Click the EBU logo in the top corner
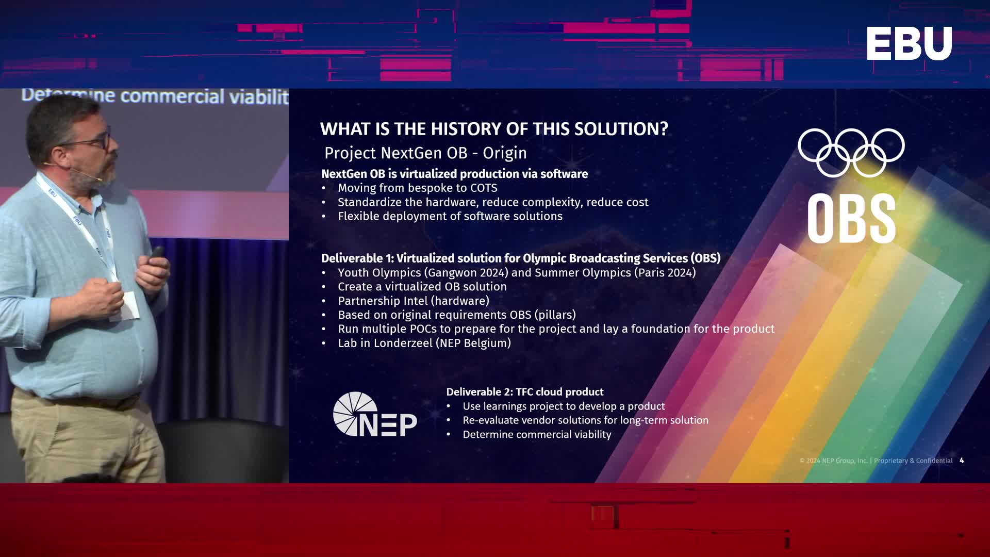(909, 43)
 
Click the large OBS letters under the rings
(851, 218)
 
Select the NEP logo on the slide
(375, 414)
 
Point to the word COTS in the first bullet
(484, 188)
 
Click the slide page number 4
(962, 461)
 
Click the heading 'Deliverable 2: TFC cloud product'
(524, 392)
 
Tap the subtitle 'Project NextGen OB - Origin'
(425, 153)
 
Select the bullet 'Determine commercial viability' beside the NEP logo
(537, 435)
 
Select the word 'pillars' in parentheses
(555, 315)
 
